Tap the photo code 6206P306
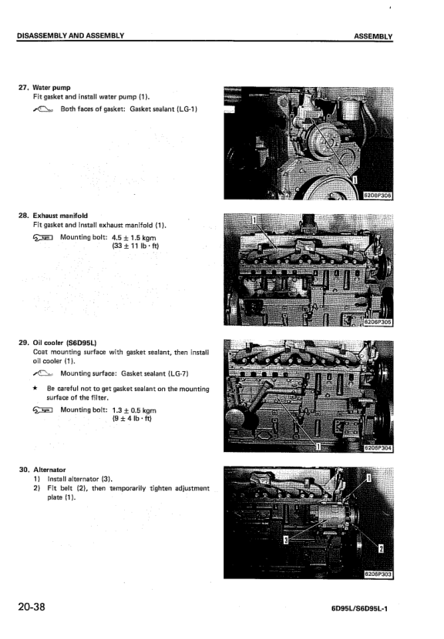click(377, 196)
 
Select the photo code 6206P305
click(377, 323)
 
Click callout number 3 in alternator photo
click(287, 540)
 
